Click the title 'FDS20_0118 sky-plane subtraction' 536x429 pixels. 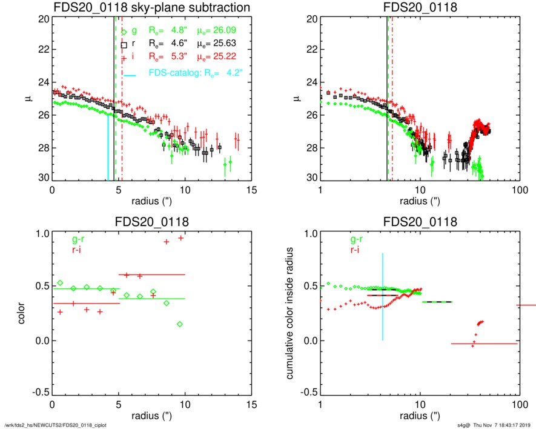pos(152,8)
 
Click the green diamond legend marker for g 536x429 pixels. pos(124,32)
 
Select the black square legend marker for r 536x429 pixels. pos(124,45)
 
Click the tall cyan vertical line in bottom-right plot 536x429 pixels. pos(383,297)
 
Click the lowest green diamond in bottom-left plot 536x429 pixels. pos(180,324)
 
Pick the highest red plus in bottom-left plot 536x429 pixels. pos(180,238)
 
